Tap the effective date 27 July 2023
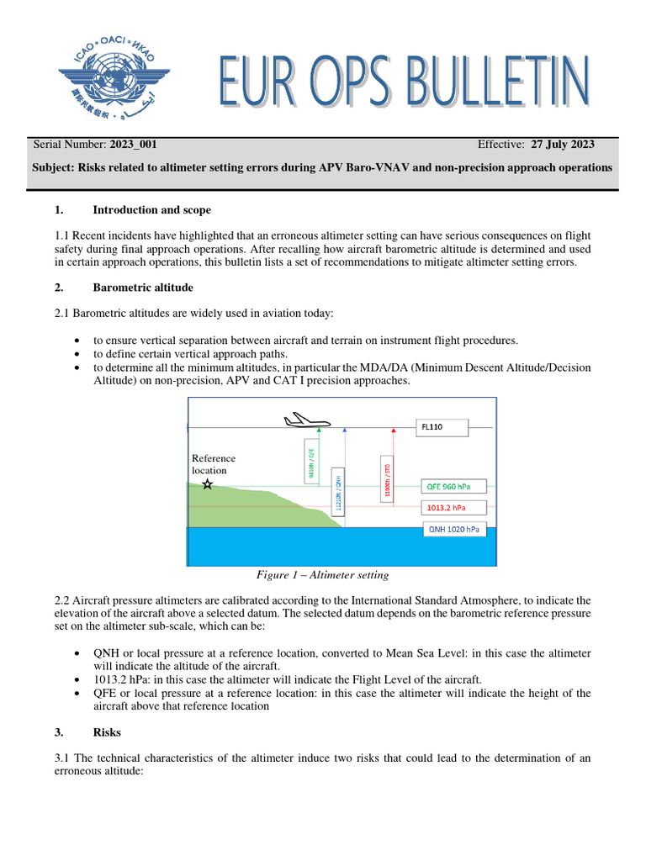[563, 145]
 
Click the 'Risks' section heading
[107, 733]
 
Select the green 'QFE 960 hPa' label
[451, 486]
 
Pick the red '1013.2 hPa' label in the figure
[451, 507]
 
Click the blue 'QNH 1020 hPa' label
[455, 529]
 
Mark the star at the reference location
[208, 485]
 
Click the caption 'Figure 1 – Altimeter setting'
[322, 576]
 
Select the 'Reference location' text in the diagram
[214, 464]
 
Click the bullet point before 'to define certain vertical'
[77, 354]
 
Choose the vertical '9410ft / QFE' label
[312, 463]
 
